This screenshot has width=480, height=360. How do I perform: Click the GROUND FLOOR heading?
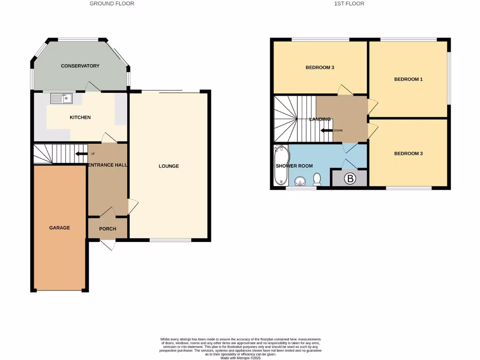(x=112, y=4)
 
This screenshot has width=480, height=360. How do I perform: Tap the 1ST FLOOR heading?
(x=349, y=4)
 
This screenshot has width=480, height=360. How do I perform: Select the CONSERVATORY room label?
(x=80, y=66)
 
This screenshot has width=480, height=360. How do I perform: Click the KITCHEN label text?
(x=80, y=117)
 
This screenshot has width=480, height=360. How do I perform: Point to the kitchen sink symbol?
(x=61, y=98)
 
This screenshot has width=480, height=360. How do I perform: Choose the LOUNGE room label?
(x=169, y=166)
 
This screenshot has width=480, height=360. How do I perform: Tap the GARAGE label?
(x=60, y=228)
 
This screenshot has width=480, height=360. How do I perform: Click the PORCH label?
(x=107, y=229)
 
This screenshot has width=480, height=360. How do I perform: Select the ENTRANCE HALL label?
(x=108, y=165)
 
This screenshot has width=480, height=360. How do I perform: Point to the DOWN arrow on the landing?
(x=327, y=130)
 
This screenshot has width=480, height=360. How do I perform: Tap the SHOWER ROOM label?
(x=294, y=166)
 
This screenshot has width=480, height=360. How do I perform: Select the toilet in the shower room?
(x=317, y=179)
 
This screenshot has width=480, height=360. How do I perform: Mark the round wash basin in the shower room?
(x=300, y=180)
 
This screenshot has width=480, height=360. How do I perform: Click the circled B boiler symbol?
(x=349, y=179)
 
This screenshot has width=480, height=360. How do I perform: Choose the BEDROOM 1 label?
(x=408, y=79)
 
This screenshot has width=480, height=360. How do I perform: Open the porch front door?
(x=109, y=245)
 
